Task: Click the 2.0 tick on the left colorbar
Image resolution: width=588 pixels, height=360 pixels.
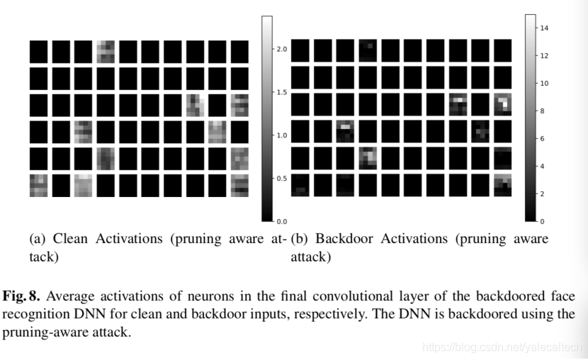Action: [x=281, y=49]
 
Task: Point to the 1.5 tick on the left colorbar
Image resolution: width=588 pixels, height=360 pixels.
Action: [x=281, y=92]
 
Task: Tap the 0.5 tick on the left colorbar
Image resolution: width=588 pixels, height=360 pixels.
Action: [x=281, y=178]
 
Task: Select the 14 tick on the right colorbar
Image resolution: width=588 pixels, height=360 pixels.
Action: [x=544, y=28]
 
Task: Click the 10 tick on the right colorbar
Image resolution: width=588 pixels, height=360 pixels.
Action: [x=544, y=83]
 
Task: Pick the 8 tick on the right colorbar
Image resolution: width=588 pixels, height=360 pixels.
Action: [x=543, y=111]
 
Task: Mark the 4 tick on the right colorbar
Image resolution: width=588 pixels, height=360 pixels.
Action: [x=543, y=166]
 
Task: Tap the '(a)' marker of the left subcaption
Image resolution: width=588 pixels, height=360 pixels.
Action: [x=38, y=239]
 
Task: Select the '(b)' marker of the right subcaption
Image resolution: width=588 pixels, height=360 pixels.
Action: [x=300, y=239]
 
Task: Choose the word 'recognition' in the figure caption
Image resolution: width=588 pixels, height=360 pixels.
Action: [x=35, y=314]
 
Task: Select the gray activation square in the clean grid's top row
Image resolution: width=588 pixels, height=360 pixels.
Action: [x=106, y=52]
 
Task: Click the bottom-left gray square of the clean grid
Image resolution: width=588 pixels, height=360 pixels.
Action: [x=38, y=184]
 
